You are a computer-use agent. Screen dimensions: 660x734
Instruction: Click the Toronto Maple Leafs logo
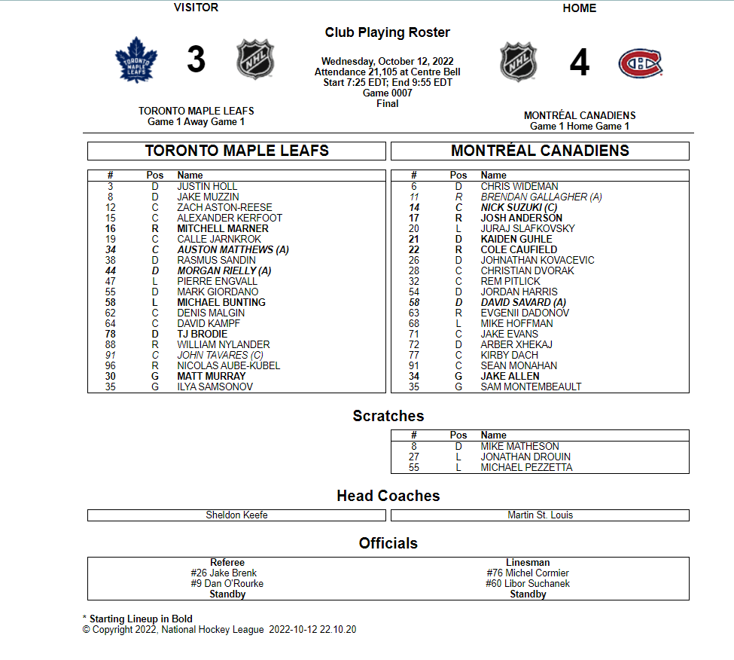point(136,60)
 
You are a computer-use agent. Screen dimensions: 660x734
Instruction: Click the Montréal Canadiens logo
point(641,63)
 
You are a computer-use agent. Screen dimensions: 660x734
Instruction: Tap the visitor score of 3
point(196,60)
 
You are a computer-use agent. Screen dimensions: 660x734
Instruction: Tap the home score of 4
point(579,63)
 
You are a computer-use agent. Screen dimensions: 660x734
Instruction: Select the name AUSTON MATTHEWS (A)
point(233,249)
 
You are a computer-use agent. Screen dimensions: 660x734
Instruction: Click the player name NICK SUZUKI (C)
point(519,207)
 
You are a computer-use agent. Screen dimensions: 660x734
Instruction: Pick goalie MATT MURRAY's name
point(211,376)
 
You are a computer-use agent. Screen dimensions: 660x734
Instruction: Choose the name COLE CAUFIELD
point(519,249)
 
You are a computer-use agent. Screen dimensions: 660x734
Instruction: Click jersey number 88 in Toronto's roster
point(111,344)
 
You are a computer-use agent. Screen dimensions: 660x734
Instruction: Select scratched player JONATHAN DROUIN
point(525,457)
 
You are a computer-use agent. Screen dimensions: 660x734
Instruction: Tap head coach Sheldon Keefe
point(236,515)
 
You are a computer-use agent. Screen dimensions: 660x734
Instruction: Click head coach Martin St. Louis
point(540,515)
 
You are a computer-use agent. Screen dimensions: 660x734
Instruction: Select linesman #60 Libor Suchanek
point(528,584)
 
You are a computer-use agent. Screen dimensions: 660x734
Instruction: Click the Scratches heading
point(388,416)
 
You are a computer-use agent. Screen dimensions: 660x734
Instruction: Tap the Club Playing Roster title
point(387,32)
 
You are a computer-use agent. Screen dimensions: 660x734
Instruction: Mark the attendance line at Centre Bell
point(387,72)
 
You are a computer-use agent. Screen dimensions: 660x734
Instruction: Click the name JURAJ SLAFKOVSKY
point(527,228)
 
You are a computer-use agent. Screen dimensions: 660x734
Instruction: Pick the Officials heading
point(388,543)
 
